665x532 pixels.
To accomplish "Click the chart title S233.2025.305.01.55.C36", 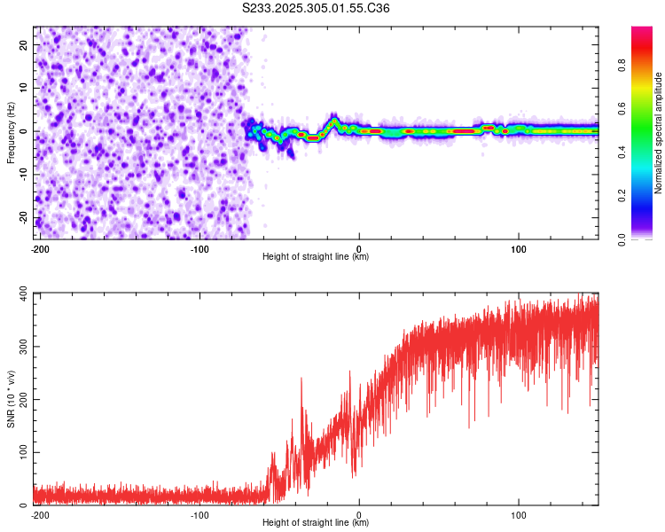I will pos(317,8).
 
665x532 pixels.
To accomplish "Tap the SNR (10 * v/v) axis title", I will pos(11,399).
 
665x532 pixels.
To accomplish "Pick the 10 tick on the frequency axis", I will pos(25,88).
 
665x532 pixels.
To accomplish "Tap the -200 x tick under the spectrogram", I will pos(40,248).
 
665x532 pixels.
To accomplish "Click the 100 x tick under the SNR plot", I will pos(518,514).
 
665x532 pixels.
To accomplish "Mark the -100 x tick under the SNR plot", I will pos(199,514).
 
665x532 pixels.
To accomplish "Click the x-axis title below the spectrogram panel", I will pos(317,257).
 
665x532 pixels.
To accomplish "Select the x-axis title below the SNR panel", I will pos(317,523).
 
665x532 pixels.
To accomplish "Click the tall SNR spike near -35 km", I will pos(301,379).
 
